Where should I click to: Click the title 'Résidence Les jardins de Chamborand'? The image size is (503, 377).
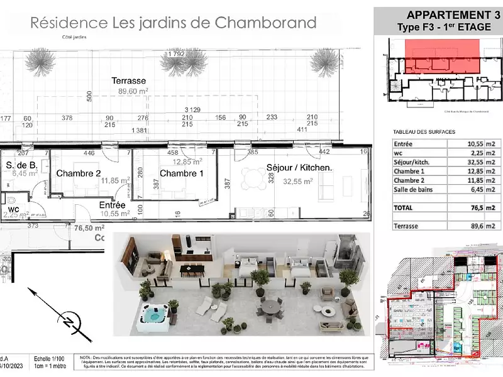173,23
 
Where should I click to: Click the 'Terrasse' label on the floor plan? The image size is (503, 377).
128,80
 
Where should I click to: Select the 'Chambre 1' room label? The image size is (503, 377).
181,173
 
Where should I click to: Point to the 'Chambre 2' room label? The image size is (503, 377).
79,173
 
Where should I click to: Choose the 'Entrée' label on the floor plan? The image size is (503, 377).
113,205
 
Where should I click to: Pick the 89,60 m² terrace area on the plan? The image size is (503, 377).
133,91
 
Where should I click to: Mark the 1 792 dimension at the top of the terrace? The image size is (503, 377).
175,54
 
